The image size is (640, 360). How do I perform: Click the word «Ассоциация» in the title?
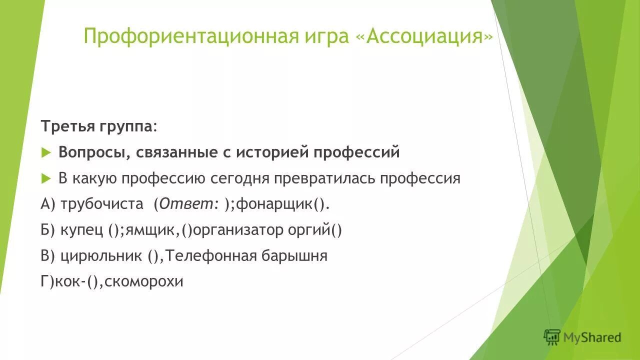pos(429,36)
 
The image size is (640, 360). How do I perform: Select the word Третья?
pos(63,126)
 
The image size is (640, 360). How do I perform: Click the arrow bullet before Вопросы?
pos(46,152)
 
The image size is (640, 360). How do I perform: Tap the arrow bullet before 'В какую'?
pos(46,178)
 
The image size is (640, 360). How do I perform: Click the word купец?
pos(82,230)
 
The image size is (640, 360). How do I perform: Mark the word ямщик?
pos(152,230)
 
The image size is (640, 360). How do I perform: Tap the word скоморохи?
pos(148,282)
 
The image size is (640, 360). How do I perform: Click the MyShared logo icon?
pos(552,337)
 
